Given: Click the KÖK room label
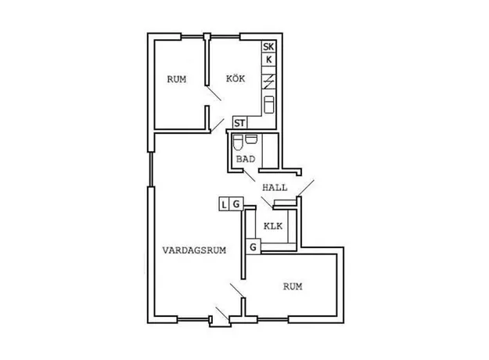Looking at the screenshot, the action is pos(236,78).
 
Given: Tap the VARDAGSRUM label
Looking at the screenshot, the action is pos(194,250).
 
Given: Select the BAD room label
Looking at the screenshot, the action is pos(246,159).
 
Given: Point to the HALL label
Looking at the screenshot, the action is pos(275,188).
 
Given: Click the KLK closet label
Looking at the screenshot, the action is pos(273,226).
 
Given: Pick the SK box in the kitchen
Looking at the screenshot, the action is pos(268,47).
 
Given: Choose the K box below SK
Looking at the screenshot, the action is pos(268,59).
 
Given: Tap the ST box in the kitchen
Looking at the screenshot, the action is pos(240,123).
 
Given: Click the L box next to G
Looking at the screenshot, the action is pos(225,204).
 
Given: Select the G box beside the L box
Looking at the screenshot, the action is pos(236,204).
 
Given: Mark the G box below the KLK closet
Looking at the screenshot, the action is pos(253,247).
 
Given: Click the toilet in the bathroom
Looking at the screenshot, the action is pos(238,142).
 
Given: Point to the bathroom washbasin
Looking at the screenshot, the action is pos(251,139).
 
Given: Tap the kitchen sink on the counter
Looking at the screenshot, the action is pos(269,105).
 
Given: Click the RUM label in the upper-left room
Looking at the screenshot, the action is pos(177,79).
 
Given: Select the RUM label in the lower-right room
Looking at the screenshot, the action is pos(293,286).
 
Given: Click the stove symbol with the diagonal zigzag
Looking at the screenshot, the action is pos(268,81).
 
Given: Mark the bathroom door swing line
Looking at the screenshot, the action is pos(249,175).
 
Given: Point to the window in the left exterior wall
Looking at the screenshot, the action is pos(151,169).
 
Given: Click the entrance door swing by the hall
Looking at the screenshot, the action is pos(306,188).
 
